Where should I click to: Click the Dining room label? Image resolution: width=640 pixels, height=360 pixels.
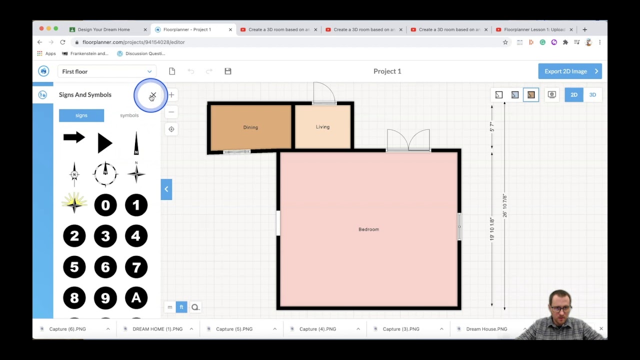(250, 127)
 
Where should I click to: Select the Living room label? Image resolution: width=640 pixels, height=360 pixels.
(322, 127)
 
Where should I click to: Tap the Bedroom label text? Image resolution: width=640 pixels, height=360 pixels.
(368, 229)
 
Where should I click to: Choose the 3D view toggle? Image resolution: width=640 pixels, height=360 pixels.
(592, 95)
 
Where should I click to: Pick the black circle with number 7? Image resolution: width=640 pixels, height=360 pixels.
(136, 267)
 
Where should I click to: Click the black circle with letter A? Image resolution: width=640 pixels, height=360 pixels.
(136, 298)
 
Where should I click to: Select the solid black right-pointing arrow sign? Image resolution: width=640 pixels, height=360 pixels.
(74, 137)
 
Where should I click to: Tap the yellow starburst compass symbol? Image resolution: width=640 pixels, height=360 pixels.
(74, 203)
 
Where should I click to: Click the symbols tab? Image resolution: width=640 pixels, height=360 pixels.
(129, 115)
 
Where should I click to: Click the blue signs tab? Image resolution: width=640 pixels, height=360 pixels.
(81, 115)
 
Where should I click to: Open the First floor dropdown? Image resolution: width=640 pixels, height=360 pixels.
(106, 71)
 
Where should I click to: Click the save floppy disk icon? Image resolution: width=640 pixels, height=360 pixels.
(228, 71)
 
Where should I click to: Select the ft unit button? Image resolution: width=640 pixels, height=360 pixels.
(181, 307)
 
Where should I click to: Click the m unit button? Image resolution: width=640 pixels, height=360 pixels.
(170, 307)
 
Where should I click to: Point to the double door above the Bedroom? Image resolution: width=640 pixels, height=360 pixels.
(408, 140)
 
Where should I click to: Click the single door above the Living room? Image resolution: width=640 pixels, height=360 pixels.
(324, 93)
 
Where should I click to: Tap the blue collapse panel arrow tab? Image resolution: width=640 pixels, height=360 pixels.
(166, 189)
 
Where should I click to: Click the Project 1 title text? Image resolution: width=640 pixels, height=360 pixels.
(387, 71)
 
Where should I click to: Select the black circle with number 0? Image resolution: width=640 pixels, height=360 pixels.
(105, 205)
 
